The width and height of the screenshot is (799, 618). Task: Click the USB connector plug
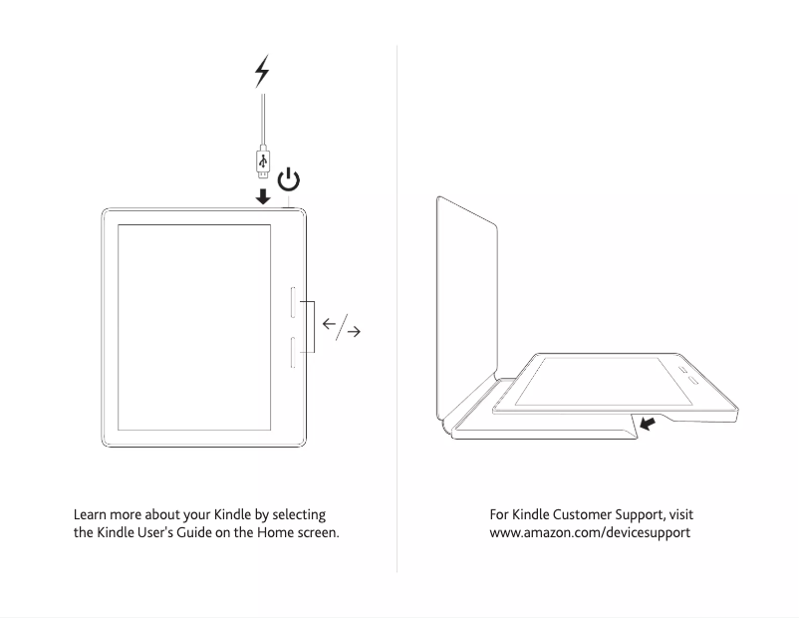[x=262, y=160]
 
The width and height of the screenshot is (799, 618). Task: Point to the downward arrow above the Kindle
[x=262, y=196]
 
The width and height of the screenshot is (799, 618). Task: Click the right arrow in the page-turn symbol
[x=352, y=332]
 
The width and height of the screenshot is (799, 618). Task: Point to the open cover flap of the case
[x=467, y=299]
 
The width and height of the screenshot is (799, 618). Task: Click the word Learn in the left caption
[x=92, y=514]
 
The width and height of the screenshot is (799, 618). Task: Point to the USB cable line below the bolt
[x=262, y=120]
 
